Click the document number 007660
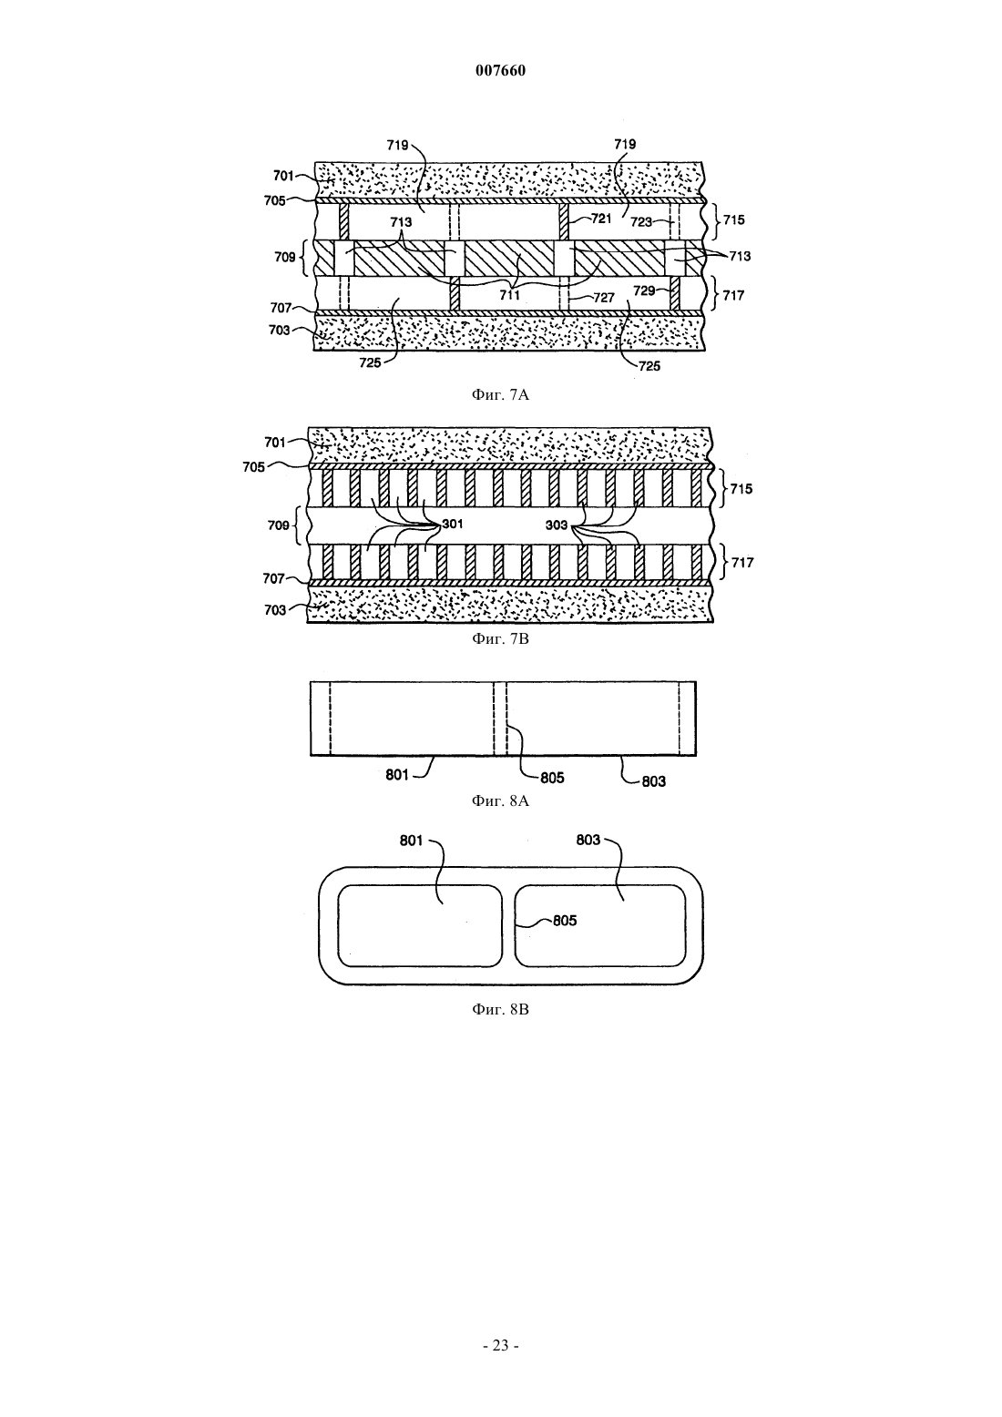(x=500, y=71)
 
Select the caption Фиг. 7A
(x=500, y=395)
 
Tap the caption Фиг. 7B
(x=500, y=639)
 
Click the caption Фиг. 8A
(x=500, y=800)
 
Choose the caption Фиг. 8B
(x=500, y=1009)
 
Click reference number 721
(x=601, y=219)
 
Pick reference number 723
(x=640, y=222)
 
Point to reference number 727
(x=604, y=297)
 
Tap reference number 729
(x=644, y=291)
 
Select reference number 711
(x=510, y=295)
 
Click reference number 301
(x=453, y=524)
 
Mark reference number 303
(x=557, y=525)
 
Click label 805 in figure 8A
(x=552, y=778)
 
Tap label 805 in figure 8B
(x=565, y=921)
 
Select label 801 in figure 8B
(x=411, y=841)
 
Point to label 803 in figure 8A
(x=653, y=781)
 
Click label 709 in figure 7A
(x=284, y=257)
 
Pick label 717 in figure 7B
(x=742, y=563)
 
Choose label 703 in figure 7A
(x=279, y=331)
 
